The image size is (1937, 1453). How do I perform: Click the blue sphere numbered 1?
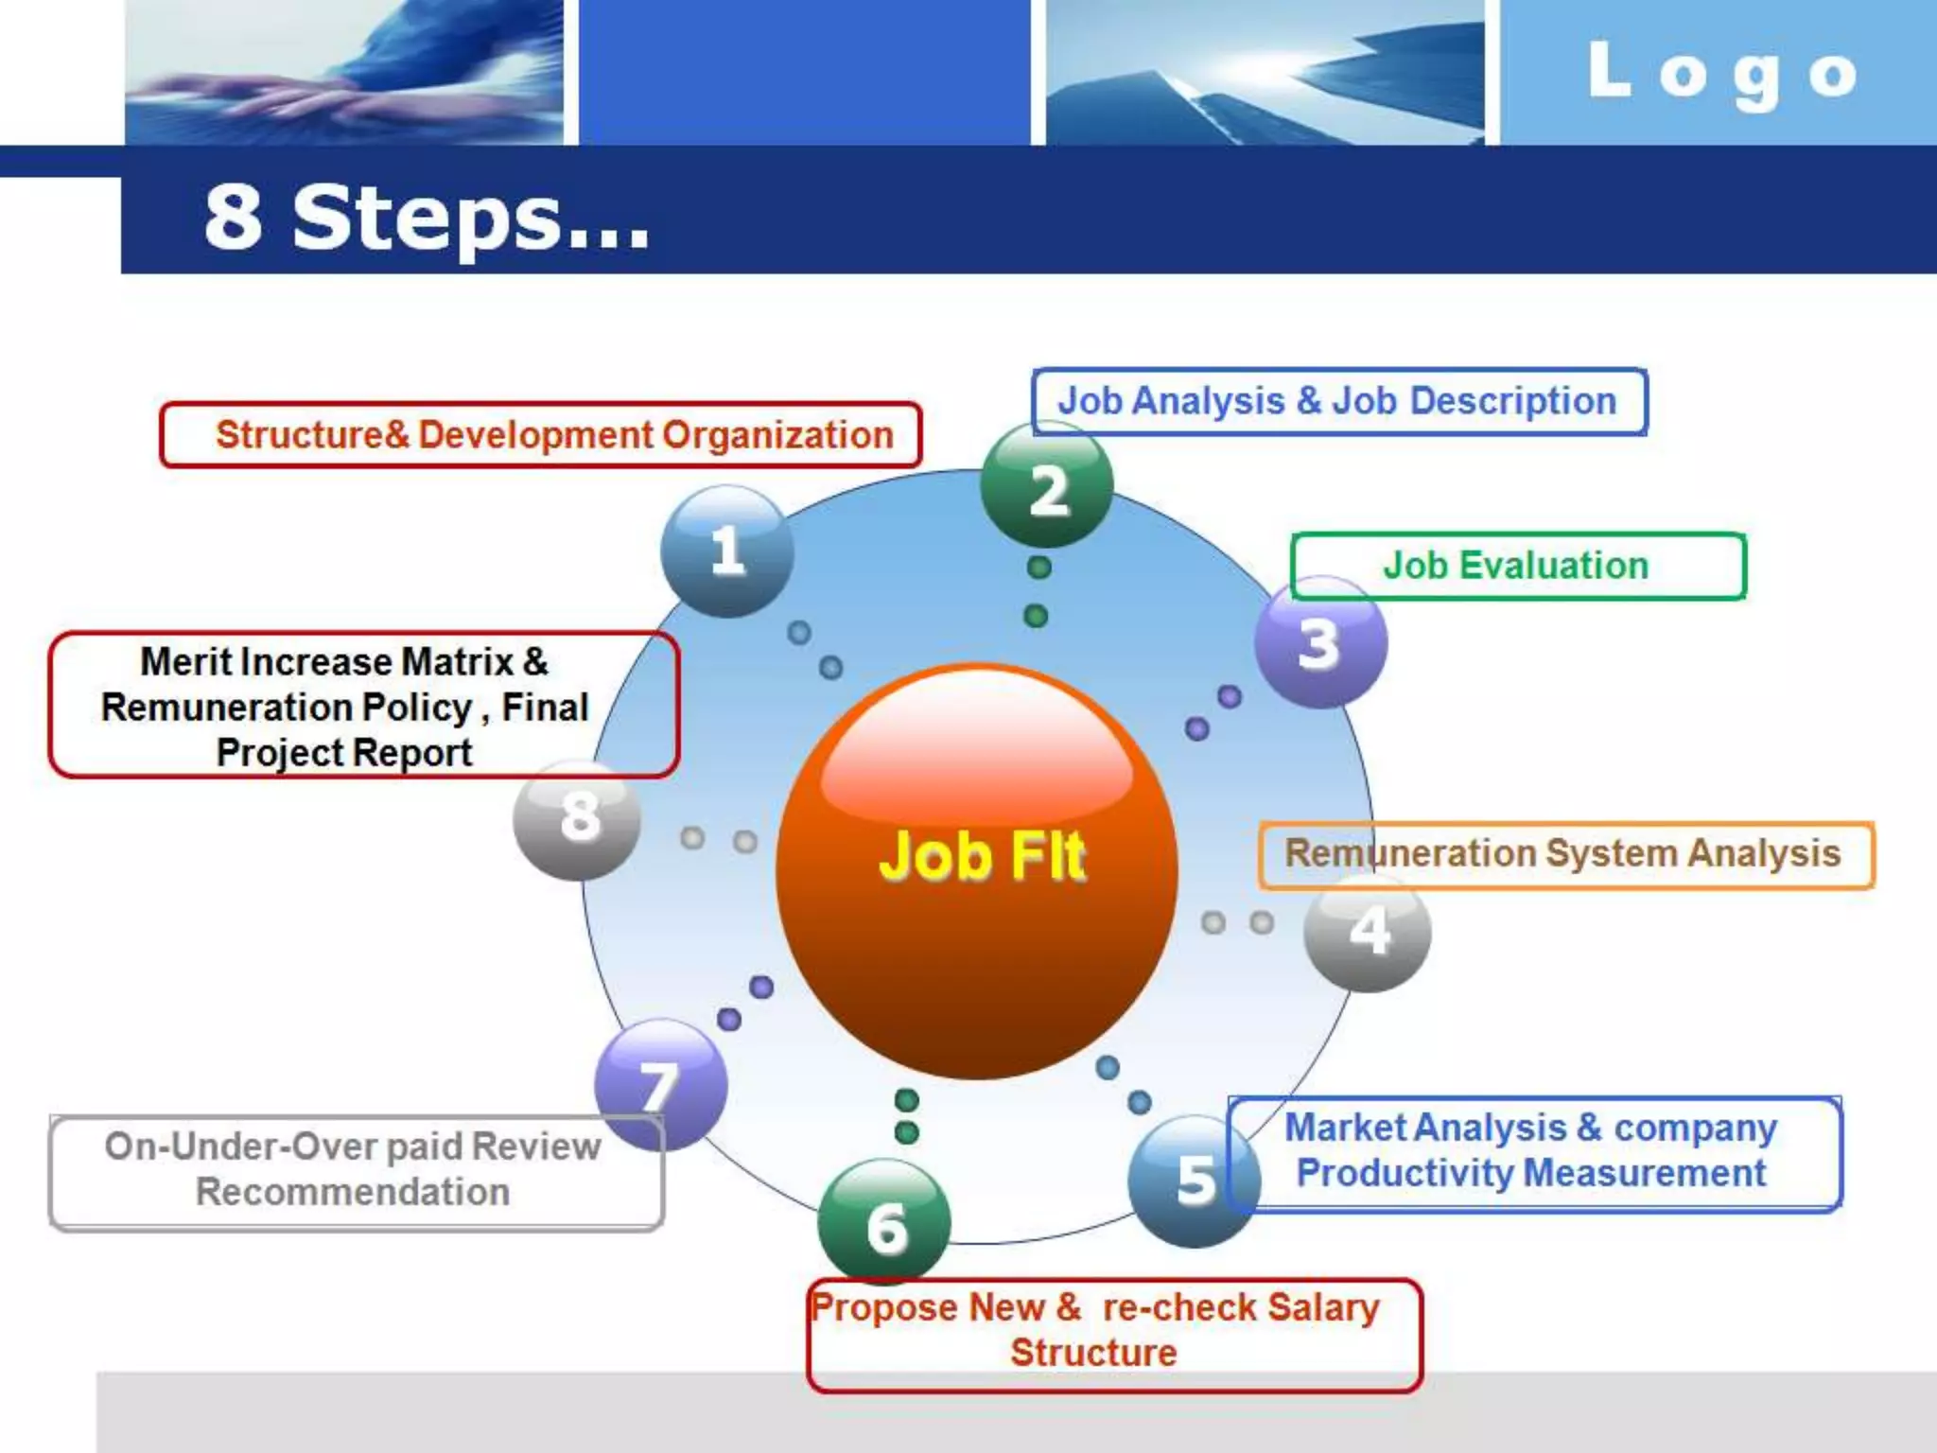pyautogui.click(x=726, y=551)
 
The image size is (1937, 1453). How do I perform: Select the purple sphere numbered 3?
pyautogui.click(x=1320, y=643)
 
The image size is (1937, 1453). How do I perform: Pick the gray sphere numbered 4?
pyautogui.click(x=1368, y=932)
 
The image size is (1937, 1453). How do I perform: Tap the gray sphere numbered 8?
pyautogui.click(x=578, y=818)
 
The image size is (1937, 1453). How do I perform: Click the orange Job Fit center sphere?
pyautogui.click(x=977, y=870)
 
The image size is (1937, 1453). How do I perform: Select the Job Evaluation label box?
pyautogui.click(x=1517, y=566)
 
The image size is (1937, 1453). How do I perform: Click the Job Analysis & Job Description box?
pyautogui.click(x=1338, y=401)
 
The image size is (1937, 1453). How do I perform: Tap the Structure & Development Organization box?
pyautogui.click(x=541, y=435)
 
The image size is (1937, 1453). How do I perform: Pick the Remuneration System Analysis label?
pyautogui.click(x=1564, y=854)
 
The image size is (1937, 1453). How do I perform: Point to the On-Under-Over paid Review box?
pyautogui.click(x=355, y=1171)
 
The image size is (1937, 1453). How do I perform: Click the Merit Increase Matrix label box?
pyautogui.click(x=363, y=706)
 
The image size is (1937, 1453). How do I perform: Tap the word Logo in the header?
pyautogui.click(x=1722, y=74)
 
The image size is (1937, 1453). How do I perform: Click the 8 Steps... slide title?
pyautogui.click(x=427, y=219)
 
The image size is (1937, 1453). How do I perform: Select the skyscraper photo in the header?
pyautogui.click(x=1265, y=72)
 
